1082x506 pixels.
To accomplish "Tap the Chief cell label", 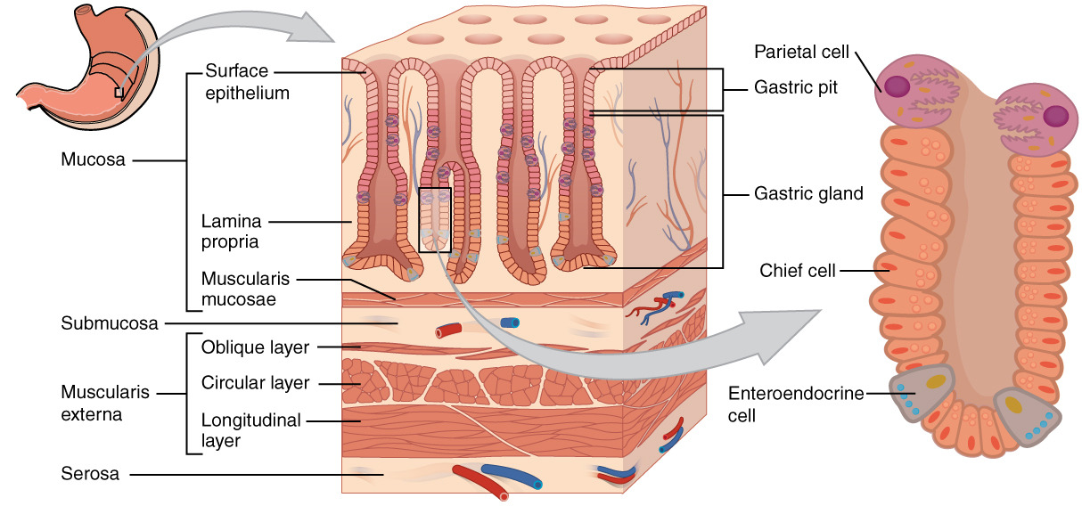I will (x=797, y=270).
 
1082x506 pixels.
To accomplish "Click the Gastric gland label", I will (x=808, y=192).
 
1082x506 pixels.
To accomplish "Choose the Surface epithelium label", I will (x=247, y=81).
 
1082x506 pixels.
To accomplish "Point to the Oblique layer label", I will (x=255, y=347).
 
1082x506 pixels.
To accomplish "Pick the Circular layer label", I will (x=255, y=383).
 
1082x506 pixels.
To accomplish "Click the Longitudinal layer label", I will (x=250, y=428).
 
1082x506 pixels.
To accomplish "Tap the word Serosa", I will (x=90, y=474).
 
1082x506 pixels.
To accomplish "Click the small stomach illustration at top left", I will (x=80, y=67).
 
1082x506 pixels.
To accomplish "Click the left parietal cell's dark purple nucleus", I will (x=898, y=86).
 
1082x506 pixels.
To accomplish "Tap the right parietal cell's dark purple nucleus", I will (x=1055, y=116).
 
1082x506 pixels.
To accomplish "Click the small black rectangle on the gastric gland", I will (x=436, y=220).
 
